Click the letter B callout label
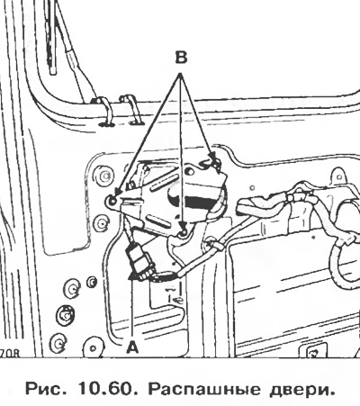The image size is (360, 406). [181, 58]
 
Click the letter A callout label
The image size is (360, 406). [132, 348]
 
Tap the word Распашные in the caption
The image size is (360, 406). [204, 390]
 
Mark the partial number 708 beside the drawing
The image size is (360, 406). [10, 353]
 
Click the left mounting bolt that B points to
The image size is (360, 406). [112, 201]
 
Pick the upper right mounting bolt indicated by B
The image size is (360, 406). [215, 163]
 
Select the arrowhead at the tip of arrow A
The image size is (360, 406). [132, 275]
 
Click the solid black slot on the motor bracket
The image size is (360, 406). [199, 202]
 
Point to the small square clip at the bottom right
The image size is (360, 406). [314, 353]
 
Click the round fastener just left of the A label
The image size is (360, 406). [94, 348]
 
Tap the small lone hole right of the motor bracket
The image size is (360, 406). [252, 188]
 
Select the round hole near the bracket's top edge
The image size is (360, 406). [189, 171]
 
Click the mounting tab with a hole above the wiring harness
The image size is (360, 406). [338, 177]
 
